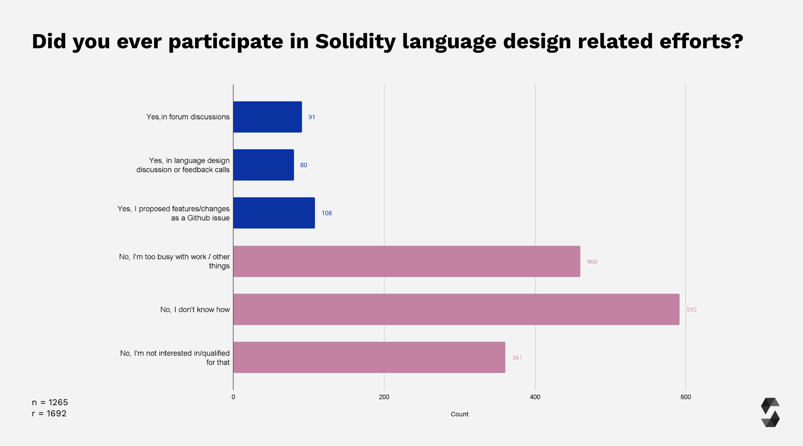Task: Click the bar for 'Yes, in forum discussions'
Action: point(267,117)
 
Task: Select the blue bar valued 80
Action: point(264,165)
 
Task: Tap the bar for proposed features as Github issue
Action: point(274,213)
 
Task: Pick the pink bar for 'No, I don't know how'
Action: point(456,310)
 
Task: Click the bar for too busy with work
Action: point(406,261)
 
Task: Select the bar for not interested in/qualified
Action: point(369,357)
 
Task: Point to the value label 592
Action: point(691,310)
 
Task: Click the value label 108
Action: point(327,213)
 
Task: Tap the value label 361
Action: point(517,358)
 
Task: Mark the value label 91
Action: point(312,117)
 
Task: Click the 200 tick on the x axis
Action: point(384,397)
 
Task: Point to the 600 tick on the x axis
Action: point(686,397)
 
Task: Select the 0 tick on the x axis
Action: point(233,397)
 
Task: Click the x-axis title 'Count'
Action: point(459,414)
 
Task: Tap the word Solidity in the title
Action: point(355,41)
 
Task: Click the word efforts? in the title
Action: point(701,41)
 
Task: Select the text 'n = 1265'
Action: point(50,402)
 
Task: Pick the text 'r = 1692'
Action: point(49,413)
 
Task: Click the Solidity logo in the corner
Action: point(770,412)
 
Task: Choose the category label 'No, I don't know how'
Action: point(195,310)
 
